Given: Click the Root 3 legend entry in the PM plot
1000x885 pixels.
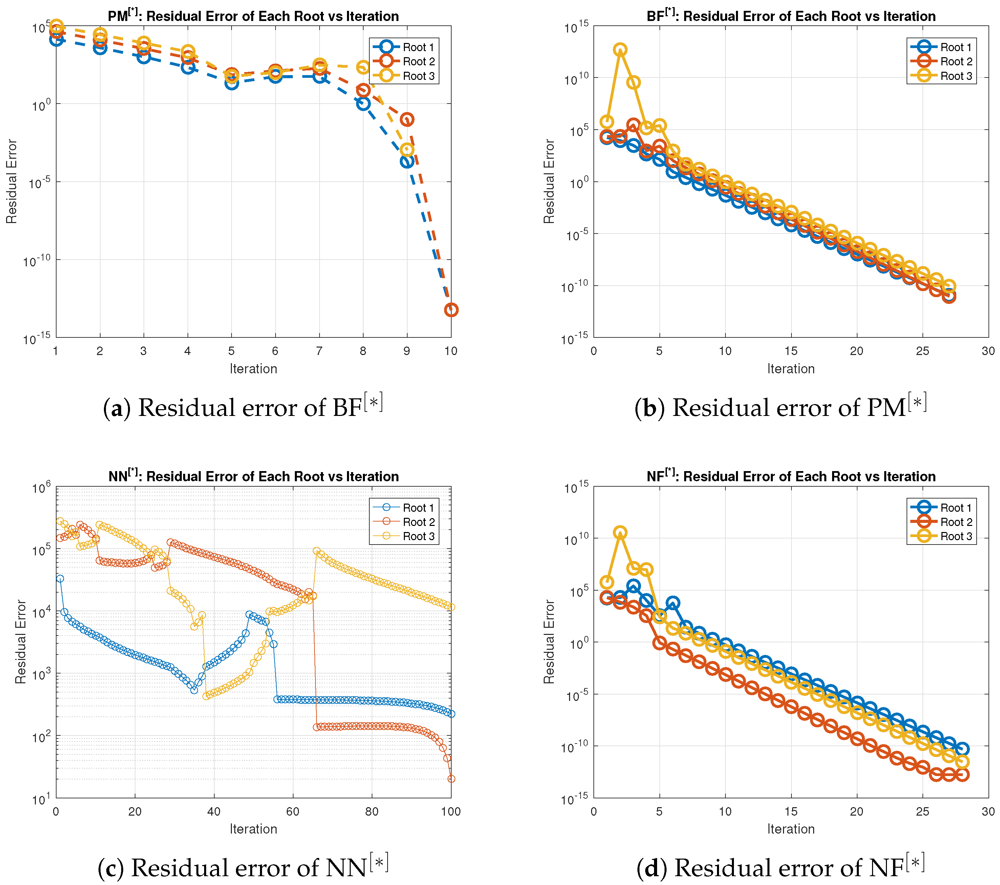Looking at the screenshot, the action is (404, 76).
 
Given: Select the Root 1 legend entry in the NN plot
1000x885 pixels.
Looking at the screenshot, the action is (404, 507).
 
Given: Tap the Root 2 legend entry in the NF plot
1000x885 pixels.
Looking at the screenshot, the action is (942, 522).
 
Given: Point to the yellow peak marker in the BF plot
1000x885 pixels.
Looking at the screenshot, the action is (620, 50).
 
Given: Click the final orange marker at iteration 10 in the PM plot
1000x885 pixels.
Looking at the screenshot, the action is (451, 310).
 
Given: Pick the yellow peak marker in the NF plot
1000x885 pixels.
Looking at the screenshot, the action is (620, 532).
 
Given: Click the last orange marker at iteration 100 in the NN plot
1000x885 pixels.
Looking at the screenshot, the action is (451, 779).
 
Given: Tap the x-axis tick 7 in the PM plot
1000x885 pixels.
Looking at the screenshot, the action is (319, 351).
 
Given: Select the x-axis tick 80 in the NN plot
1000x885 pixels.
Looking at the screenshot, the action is (372, 811).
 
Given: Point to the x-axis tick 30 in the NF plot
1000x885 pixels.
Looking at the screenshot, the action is (988, 811).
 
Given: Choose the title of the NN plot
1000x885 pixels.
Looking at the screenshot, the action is (254, 476).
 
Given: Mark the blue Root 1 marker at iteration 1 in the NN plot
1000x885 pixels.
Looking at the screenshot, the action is (60, 579).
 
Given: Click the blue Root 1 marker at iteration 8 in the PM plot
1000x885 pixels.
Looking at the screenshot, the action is (363, 103).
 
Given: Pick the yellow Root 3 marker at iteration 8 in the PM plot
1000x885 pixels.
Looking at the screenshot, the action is (363, 67).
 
